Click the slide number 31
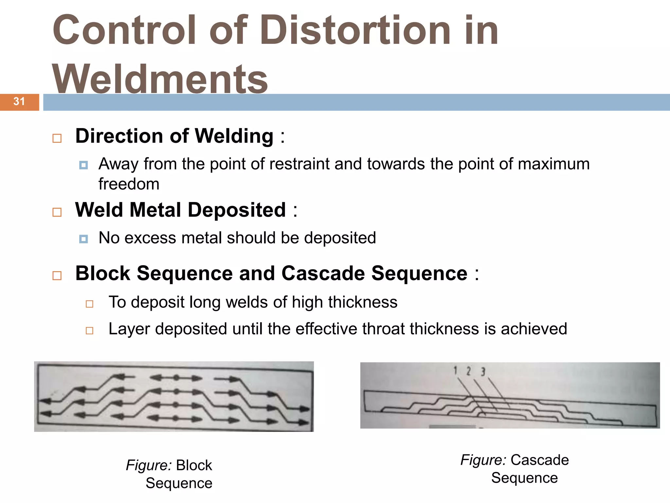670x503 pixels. [19, 102]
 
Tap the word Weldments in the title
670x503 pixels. [160, 79]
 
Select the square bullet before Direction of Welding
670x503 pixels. [57, 138]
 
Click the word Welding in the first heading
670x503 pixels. [234, 136]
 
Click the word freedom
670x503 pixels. [129, 184]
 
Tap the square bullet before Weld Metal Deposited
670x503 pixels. [57, 212]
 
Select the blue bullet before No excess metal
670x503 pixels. [83, 239]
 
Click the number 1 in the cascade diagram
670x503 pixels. [455, 370]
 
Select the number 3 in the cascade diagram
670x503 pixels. [483, 372]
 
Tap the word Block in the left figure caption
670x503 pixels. [194, 465]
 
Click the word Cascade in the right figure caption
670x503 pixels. [539, 460]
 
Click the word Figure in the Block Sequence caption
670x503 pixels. [149, 465]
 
